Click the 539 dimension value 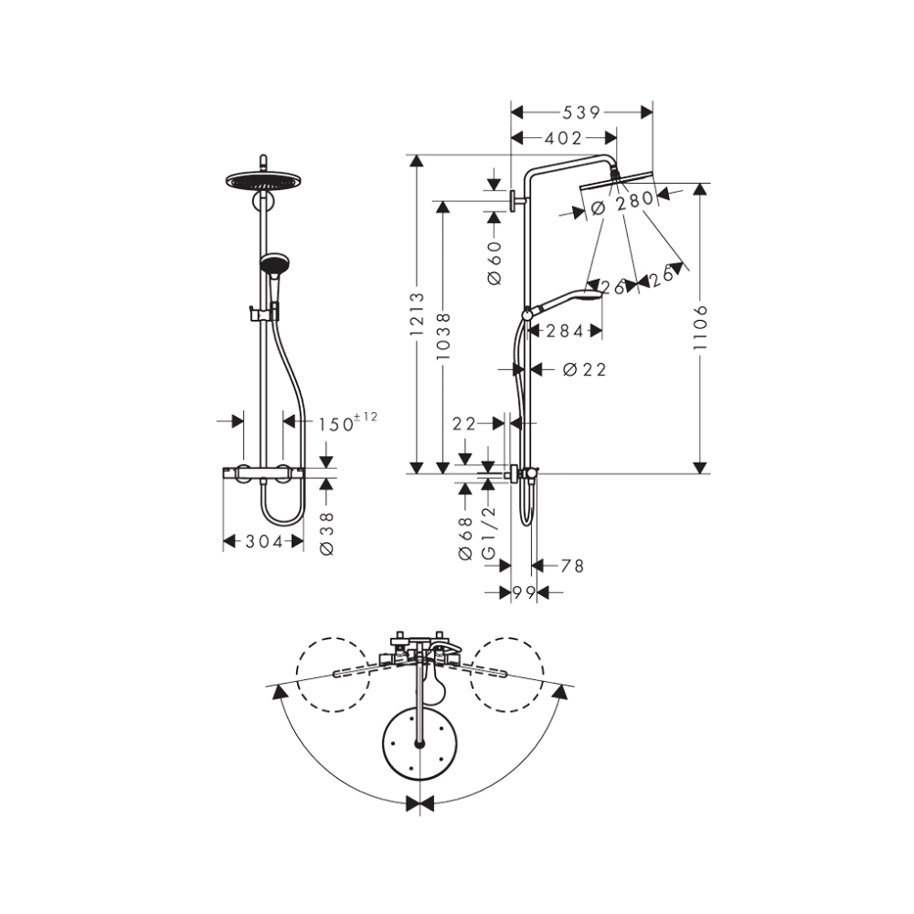tap(581, 112)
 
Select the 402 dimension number tap(563, 138)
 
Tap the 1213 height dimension tap(417, 315)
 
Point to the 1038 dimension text tap(443, 337)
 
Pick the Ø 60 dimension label tap(495, 261)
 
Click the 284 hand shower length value tap(565, 331)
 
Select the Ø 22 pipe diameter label tap(584, 369)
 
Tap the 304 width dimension tap(263, 542)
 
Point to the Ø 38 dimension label tap(327, 534)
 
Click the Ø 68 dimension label tap(465, 538)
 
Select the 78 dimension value tap(572, 567)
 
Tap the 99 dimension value tap(523, 593)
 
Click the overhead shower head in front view tap(262, 182)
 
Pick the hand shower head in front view tap(273, 265)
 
